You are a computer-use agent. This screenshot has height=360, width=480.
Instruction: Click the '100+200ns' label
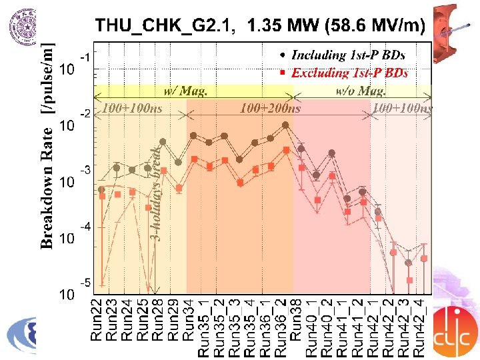point(269,107)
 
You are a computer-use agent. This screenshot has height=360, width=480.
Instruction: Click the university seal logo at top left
point(23,27)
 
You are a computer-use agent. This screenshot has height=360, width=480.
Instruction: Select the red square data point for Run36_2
point(287,150)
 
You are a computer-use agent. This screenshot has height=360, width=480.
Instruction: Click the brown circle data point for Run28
point(163,141)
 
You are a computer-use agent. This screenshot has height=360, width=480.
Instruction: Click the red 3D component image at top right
point(453,29)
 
